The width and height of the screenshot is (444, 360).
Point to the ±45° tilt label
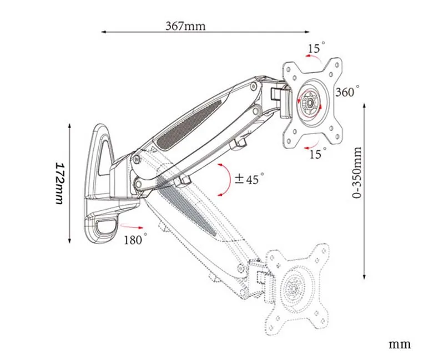coord(249,179)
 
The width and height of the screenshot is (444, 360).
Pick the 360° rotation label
coord(347,92)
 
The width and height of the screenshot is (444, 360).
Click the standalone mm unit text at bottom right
coord(400,344)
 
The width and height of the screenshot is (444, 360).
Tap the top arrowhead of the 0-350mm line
coord(364,104)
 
